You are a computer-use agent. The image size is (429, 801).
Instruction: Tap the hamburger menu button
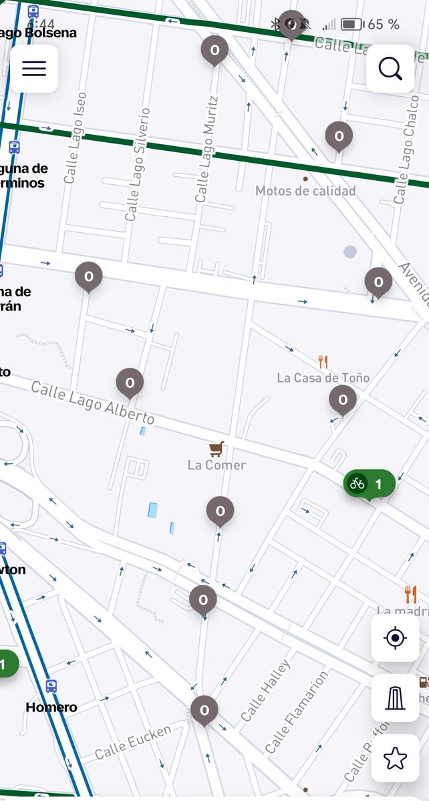34,69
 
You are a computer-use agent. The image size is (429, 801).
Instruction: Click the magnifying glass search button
390,69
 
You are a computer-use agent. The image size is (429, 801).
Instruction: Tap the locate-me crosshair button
395,638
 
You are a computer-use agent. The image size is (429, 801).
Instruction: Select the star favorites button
395,758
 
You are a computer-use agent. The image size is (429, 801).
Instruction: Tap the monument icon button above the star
395,698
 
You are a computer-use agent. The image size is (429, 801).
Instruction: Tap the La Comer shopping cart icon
216,449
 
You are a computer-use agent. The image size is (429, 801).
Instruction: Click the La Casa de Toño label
323,378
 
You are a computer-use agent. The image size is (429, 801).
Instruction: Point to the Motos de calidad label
305,191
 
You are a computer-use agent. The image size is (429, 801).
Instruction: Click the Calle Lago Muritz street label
206,150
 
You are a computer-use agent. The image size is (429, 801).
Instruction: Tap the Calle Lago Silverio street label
138,165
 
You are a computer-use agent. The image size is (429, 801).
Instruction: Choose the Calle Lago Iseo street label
75,138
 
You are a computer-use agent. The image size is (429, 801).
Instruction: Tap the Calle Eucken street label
133,742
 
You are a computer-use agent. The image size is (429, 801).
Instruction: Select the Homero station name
51,707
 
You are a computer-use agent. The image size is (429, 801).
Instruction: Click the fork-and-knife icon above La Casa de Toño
323,362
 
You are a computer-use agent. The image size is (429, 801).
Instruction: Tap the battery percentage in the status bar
384,25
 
